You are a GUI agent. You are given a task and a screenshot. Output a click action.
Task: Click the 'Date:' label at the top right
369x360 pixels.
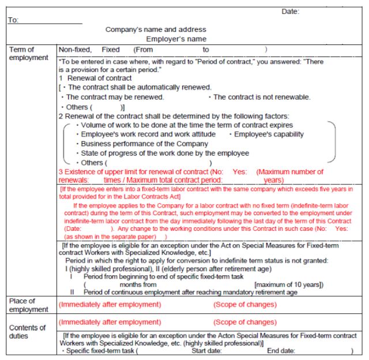tap(290, 12)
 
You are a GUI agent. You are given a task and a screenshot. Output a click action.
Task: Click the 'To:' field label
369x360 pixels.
tap(14, 20)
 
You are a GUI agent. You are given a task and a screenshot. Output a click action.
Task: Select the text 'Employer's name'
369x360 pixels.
tap(176, 39)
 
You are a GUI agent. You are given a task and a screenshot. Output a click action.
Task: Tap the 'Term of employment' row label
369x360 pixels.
tap(29, 54)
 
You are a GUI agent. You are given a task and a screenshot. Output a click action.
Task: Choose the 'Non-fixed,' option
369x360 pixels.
tap(75, 50)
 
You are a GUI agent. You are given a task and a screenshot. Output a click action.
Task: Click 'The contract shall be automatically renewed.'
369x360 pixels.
tap(140, 87)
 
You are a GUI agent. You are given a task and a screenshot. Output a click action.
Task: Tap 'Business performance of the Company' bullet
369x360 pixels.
tap(144, 144)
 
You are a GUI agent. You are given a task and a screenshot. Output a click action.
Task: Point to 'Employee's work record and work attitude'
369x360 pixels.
tap(148, 134)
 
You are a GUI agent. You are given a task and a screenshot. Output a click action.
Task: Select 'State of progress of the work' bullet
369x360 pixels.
tap(165, 153)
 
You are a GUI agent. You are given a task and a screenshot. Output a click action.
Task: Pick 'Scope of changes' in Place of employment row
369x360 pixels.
tap(245, 305)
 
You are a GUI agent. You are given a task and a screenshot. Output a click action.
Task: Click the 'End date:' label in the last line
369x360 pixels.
tap(281, 350)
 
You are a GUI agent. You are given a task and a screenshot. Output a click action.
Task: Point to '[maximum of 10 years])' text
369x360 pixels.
tap(289, 284)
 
